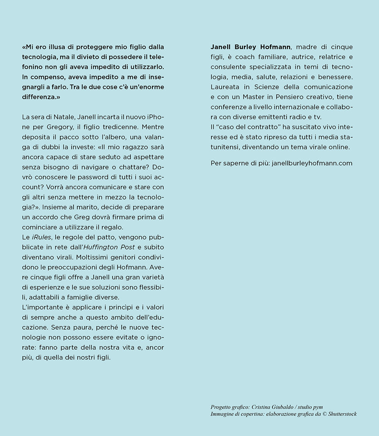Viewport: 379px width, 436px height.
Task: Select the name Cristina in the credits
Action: pos(262,407)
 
